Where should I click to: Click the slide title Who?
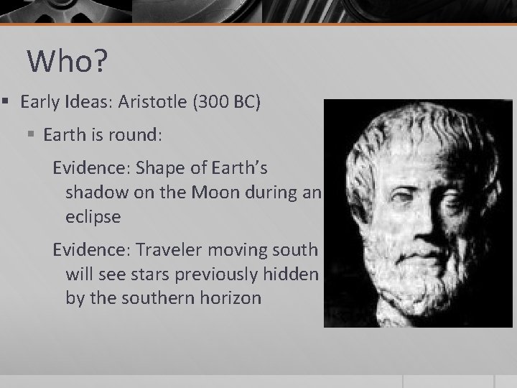[x=67, y=62]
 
